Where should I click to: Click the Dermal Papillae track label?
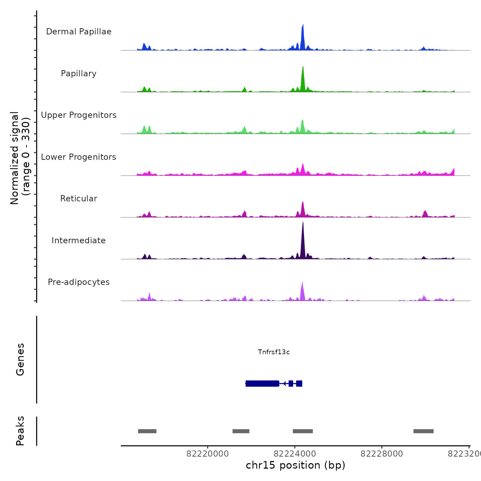pyautogui.click(x=79, y=32)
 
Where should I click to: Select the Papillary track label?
pyautogui.click(x=79, y=74)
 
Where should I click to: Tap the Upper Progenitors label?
pyautogui.click(x=79, y=115)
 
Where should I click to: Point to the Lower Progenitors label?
pyautogui.click(x=79, y=157)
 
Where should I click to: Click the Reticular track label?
pyautogui.click(x=79, y=199)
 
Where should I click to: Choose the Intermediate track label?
pyautogui.click(x=79, y=240)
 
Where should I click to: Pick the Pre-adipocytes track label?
pyautogui.click(x=79, y=282)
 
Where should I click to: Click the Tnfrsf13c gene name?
pyautogui.click(x=274, y=352)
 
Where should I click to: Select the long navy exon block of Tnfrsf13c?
pyautogui.click(x=262, y=383)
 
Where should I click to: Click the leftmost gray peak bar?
pyautogui.click(x=147, y=431)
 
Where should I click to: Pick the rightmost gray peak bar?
pyautogui.click(x=423, y=431)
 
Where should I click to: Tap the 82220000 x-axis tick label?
pyautogui.click(x=208, y=454)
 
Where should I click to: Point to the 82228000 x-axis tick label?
pyautogui.click(x=382, y=454)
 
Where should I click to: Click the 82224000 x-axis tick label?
pyautogui.click(x=295, y=454)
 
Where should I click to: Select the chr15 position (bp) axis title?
pyautogui.click(x=295, y=465)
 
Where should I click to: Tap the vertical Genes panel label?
pyautogui.click(x=20, y=359)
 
